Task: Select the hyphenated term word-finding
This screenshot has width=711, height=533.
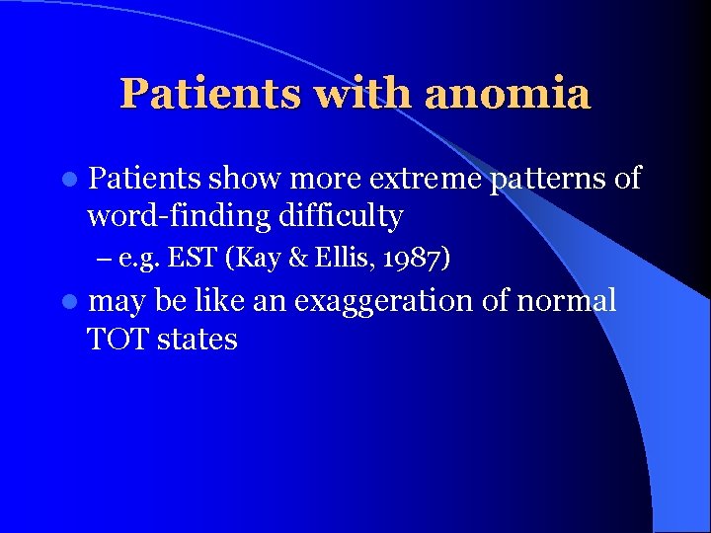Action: click(177, 217)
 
